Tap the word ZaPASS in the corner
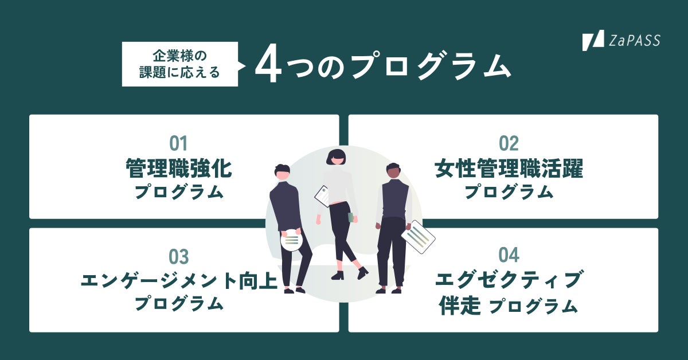[x=635, y=41]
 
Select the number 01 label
[x=178, y=142]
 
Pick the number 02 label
[x=509, y=142]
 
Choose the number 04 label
[x=509, y=253]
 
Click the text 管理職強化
[x=178, y=169]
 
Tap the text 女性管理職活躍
[x=509, y=169]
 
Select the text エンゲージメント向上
[x=179, y=281]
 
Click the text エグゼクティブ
[x=509, y=281]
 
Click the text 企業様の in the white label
[x=179, y=57]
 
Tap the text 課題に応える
[x=179, y=73]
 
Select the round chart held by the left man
[x=291, y=240]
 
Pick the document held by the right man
[x=419, y=237]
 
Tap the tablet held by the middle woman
[x=323, y=195]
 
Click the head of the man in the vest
[x=393, y=171]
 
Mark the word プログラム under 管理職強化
[x=178, y=193]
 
